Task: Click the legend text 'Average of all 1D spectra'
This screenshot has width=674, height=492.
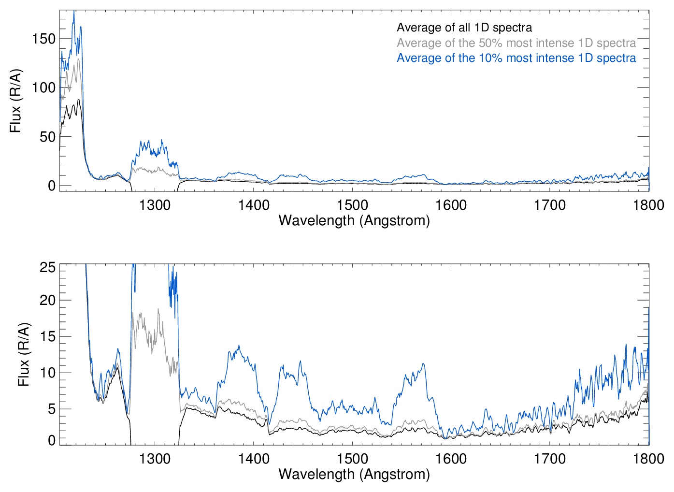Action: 464,28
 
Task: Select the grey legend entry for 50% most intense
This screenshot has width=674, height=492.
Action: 516,43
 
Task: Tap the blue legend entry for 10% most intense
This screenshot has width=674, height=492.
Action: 516,58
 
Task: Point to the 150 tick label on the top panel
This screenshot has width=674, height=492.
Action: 44,39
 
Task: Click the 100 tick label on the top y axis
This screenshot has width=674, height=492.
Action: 44,87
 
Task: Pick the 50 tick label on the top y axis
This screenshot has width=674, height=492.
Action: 47,137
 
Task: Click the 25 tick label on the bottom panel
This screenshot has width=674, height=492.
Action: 47,267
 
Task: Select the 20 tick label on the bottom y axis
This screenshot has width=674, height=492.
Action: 47,300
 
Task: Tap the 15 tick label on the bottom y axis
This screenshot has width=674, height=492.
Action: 47,336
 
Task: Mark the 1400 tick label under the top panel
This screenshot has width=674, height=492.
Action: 254,205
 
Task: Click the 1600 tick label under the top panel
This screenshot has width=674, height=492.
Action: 451,205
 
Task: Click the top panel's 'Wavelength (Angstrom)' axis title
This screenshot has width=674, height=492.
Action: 354,220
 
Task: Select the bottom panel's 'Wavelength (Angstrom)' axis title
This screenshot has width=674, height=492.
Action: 354,474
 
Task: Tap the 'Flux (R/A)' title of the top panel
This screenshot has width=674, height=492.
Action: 16,101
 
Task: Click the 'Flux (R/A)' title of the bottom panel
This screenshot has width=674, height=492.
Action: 24,354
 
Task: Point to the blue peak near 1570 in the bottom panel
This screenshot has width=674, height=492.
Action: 423,364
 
